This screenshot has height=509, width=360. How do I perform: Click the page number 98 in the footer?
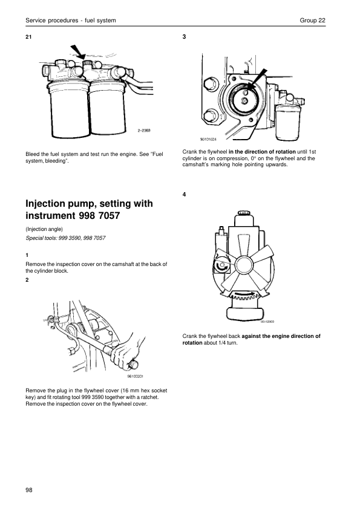click(29, 490)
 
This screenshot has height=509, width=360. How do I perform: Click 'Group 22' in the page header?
click(312, 21)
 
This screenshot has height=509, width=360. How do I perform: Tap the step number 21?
click(28, 37)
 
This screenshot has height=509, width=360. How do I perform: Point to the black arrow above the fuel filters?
click(78, 52)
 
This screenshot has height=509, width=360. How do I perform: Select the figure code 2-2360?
click(144, 131)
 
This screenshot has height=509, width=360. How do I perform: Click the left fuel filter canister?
click(70, 109)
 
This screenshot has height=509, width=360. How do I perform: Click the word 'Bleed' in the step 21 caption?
click(33, 154)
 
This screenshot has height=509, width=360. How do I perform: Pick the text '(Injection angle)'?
click(44, 229)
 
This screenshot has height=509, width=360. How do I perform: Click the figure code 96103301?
click(135, 377)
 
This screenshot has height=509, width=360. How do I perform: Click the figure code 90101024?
click(208, 139)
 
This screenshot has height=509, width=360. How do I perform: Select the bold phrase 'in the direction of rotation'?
click(262, 152)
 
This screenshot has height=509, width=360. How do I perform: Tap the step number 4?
click(184, 195)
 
